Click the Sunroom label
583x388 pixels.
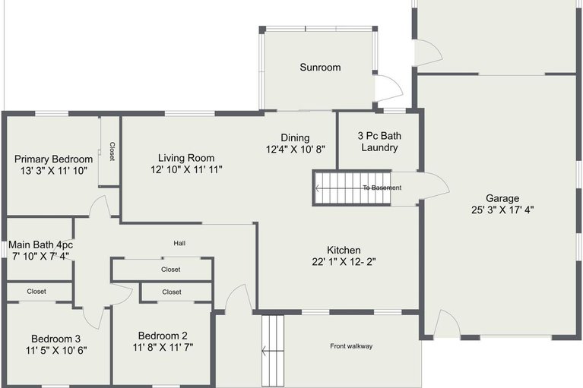[x=319, y=68]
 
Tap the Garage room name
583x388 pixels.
[x=502, y=198]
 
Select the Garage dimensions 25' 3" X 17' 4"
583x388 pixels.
[x=502, y=210]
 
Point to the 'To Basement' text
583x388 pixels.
[x=382, y=188]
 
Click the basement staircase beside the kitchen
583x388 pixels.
[x=352, y=188]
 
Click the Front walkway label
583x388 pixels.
[x=351, y=346]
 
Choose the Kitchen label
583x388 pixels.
[x=344, y=250]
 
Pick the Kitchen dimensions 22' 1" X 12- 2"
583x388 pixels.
[x=344, y=262]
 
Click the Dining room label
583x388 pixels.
[x=295, y=137]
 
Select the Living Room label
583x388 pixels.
[x=186, y=158]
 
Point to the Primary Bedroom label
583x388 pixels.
[x=54, y=159]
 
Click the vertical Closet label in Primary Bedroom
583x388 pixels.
[x=112, y=151]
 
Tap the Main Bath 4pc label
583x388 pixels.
[x=40, y=245]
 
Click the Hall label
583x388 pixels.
[x=179, y=243]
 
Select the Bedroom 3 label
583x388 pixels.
[x=55, y=339]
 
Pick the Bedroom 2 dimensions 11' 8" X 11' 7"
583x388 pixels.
[x=163, y=348]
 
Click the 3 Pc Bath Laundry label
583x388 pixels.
[x=379, y=142]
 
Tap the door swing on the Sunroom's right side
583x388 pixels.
[x=387, y=88]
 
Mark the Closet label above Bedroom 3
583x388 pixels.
[x=36, y=291]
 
